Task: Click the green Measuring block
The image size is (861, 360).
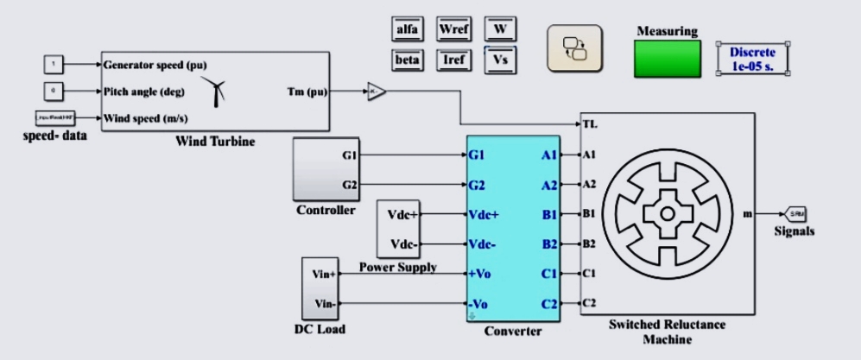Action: tap(666, 59)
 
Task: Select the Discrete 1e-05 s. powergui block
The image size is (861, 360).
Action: tap(752, 59)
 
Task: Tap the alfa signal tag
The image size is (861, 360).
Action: tap(407, 29)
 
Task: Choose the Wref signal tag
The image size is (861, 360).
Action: tap(453, 29)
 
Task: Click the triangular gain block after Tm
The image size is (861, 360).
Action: tap(375, 91)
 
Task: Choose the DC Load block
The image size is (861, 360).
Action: tap(319, 288)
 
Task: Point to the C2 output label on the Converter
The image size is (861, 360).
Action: tap(548, 303)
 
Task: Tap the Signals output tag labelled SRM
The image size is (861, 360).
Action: tap(794, 213)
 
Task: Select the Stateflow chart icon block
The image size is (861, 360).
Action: tap(574, 47)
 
